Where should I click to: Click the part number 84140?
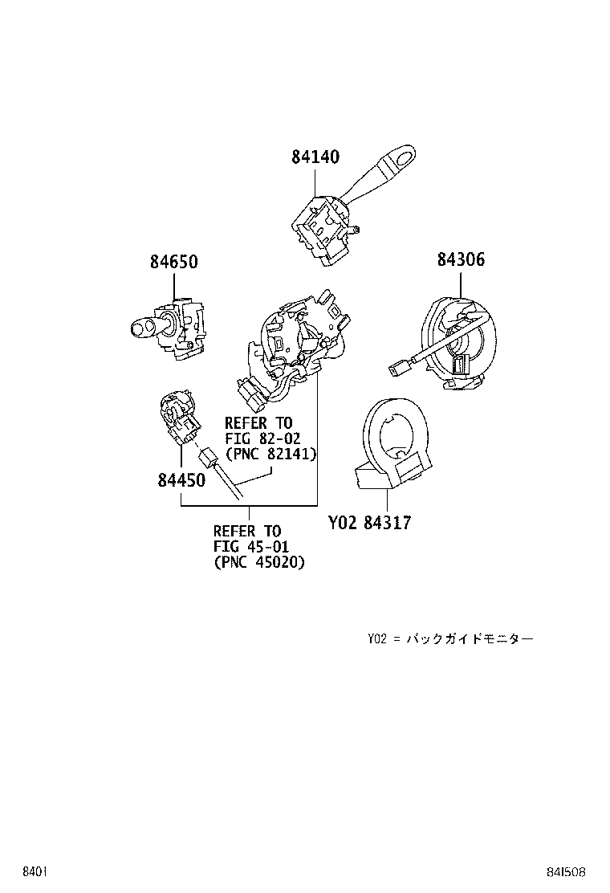click(x=315, y=158)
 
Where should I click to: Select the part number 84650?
click(x=173, y=262)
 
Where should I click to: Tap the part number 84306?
click(x=461, y=260)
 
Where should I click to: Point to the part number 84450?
click(x=181, y=480)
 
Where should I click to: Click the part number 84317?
click(x=387, y=523)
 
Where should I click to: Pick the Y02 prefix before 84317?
click(x=343, y=523)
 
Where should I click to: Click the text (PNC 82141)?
click(x=270, y=454)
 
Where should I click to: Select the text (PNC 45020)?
click(x=259, y=562)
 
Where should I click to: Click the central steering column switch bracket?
click(x=293, y=345)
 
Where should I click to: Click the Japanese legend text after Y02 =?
click(x=469, y=639)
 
